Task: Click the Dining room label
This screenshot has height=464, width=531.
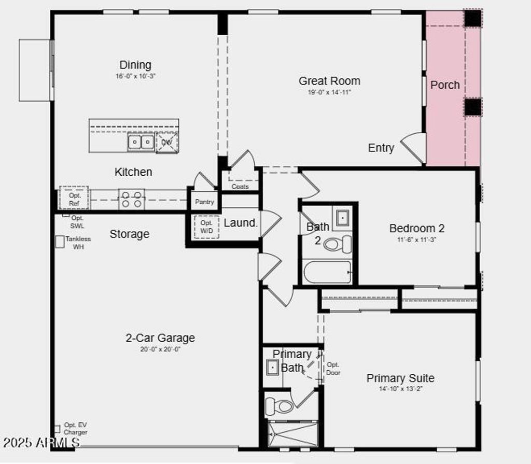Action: (135, 65)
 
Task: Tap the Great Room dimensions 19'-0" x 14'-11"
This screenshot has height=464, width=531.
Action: (329, 92)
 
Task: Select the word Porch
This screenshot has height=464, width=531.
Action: (445, 85)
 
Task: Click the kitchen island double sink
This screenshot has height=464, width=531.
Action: (141, 142)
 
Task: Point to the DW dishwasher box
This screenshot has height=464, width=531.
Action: (166, 142)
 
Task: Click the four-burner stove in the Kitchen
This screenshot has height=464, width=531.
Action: (131, 200)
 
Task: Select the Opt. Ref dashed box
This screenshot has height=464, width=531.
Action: (74, 199)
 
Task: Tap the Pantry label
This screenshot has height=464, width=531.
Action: (204, 202)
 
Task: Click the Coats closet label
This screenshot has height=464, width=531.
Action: (240, 186)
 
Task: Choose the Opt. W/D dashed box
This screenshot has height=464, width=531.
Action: (206, 227)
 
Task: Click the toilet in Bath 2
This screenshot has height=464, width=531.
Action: (337, 244)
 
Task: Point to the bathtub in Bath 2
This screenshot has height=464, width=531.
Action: (327, 272)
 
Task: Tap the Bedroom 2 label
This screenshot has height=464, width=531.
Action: (417, 228)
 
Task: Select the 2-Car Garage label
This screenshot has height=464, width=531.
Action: (160, 338)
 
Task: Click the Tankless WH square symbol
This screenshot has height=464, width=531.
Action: (60, 242)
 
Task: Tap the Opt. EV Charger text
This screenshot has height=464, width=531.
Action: (75, 429)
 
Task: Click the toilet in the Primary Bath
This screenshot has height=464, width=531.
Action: (280, 406)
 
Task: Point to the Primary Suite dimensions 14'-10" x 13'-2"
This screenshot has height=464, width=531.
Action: (400, 389)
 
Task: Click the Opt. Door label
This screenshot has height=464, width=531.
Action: (333, 369)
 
